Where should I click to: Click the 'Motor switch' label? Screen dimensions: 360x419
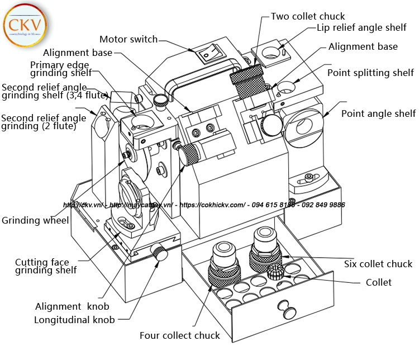coord(128,39)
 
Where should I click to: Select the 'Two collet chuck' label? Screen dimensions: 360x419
coord(308,16)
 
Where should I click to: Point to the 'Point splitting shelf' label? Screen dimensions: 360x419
coord(370,73)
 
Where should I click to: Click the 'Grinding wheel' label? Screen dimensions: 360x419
coord(35,220)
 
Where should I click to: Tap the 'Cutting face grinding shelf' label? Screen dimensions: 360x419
coord(46,266)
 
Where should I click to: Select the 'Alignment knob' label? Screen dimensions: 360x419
coord(72,306)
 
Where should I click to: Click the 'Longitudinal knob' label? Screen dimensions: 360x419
coord(74,320)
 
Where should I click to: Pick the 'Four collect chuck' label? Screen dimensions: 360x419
coord(180,335)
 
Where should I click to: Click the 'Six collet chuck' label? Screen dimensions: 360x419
coord(378,264)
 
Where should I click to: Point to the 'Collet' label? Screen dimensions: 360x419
coord(379,282)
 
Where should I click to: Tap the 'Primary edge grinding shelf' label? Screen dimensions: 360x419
coord(61,68)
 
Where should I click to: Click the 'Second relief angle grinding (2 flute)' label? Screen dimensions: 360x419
coord(44,122)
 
